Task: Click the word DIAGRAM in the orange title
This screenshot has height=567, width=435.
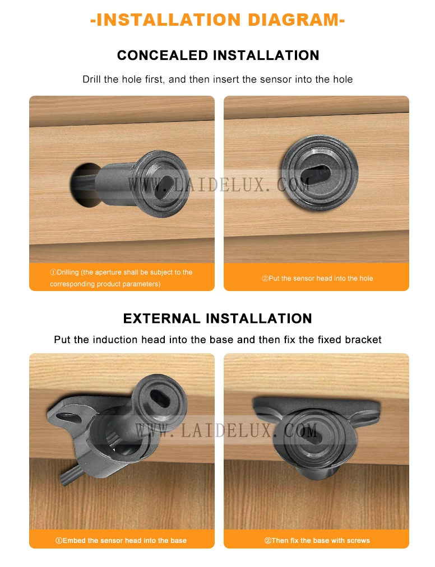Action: click(x=295, y=20)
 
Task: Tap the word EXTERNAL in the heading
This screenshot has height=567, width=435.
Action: click(x=161, y=318)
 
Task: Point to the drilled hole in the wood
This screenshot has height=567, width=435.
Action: click(x=84, y=185)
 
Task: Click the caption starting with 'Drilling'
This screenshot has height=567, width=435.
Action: click(x=121, y=278)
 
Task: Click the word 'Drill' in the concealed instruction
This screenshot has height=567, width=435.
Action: click(x=91, y=79)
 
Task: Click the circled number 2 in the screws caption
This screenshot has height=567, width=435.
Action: click(x=267, y=541)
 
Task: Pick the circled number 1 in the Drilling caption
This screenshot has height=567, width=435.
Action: click(x=53, y=272)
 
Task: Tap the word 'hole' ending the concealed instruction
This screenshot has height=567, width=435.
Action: click(x=343, y=79)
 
